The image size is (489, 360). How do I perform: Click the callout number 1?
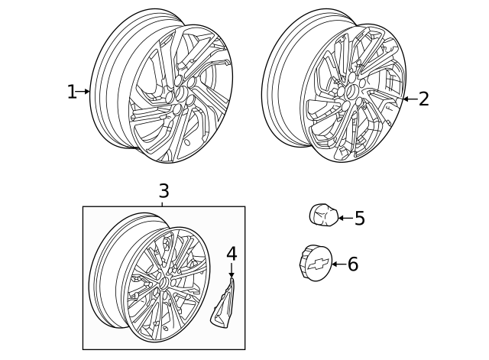[71, 92]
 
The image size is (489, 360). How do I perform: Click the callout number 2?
[423, 99]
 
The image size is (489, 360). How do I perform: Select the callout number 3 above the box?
[164, 191]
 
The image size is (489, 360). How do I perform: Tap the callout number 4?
[232, 254]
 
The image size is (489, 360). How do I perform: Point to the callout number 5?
[359, 219]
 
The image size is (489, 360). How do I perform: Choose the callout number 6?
[352, 264]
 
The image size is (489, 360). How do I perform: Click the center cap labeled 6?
[315, 264]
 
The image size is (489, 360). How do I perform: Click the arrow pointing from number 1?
[84, 92]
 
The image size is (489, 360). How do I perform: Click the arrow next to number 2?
[408, 99]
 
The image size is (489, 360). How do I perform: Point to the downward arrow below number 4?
[232, 270]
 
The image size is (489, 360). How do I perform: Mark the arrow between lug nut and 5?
[343, 219]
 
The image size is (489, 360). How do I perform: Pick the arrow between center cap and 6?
[337, 264]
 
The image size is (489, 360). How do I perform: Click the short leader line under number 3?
[164, 203]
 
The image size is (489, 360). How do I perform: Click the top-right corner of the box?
[245, 206]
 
